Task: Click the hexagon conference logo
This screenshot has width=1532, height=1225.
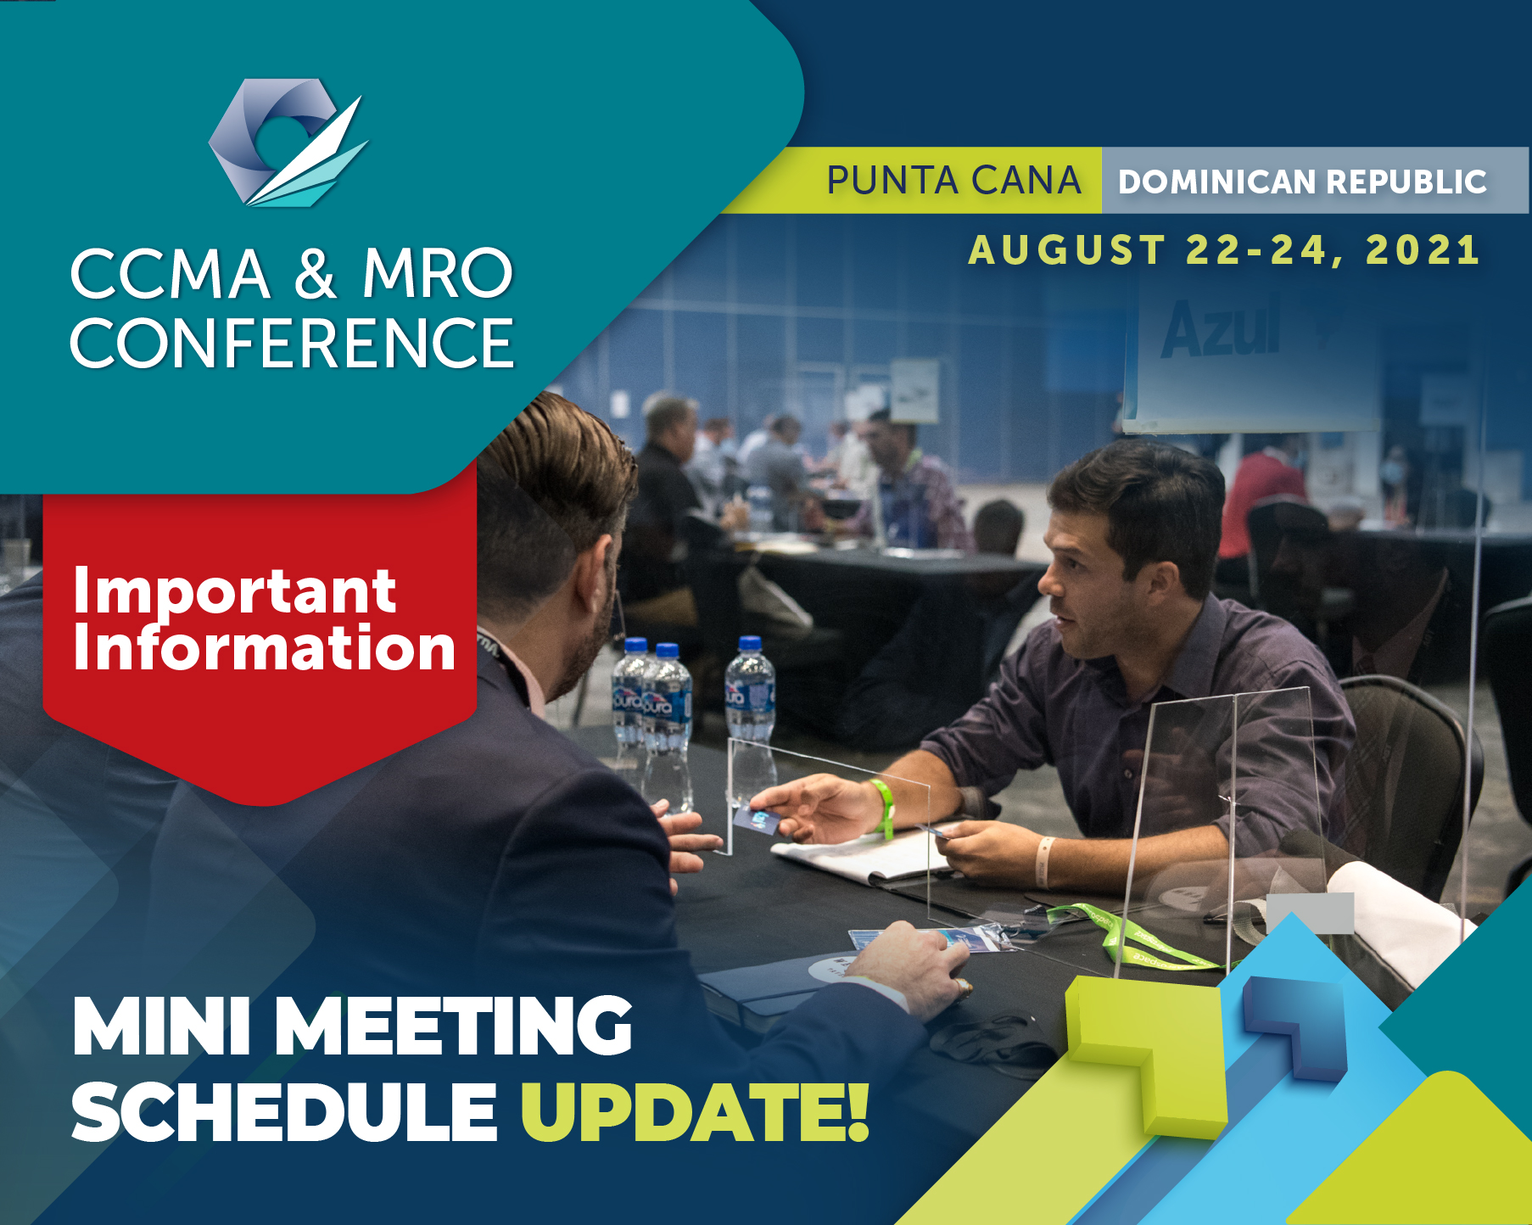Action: [288, 143]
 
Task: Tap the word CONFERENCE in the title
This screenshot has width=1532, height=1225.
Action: [292, 344]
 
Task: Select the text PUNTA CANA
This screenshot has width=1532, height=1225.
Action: [953, 181]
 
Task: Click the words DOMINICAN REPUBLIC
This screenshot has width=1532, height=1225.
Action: [1302, 182]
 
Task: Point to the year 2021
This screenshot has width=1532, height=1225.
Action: [1423, 250]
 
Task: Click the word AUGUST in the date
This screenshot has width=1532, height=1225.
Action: [1067, 250]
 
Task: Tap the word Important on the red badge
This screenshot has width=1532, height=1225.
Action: [234, 591]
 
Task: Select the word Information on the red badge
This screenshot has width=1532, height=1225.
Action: [265, 647]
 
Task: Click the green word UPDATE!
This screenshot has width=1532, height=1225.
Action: [695, 1111]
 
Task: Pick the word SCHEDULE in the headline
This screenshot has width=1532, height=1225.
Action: [284, 1111]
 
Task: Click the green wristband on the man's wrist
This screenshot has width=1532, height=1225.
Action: [883, 808]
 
